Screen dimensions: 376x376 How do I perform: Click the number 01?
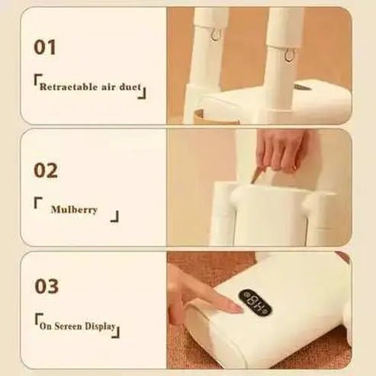(45, 47)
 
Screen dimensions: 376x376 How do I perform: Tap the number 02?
(46, 169)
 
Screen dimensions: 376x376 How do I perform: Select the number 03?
(46, 287)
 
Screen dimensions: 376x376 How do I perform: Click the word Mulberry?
(74, 209)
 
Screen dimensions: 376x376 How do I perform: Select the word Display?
(101, 327)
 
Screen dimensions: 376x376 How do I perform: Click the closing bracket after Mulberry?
(115, 217)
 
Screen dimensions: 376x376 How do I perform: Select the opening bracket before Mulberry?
(37, 203)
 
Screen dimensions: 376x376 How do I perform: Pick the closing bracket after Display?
(118, 331)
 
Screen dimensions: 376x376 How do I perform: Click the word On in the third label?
(47, 327)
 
